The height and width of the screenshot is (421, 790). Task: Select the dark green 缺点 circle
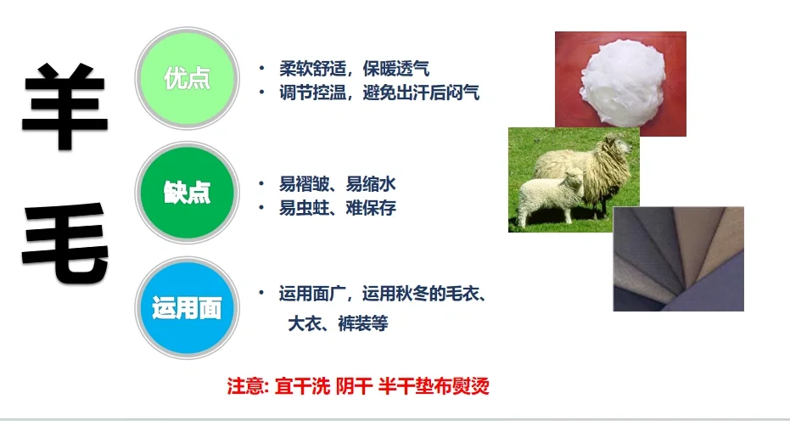[186, 193]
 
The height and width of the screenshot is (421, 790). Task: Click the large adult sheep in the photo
[585, 170]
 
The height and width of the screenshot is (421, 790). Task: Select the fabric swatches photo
[678, 258]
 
